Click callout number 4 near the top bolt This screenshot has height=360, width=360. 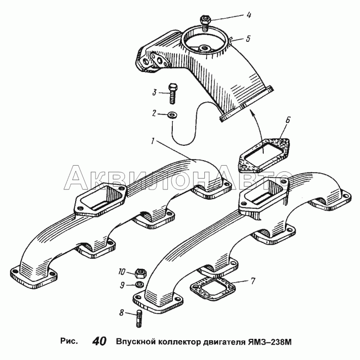click(249, 15)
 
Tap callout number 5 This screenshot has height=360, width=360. click(248, 38)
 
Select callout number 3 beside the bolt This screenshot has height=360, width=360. click(154, 93)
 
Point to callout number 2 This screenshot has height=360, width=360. click(154, 113)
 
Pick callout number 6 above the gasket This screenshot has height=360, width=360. click(288, 120)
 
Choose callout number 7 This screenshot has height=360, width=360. click(252, 281)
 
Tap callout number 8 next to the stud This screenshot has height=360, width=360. click(121, 312)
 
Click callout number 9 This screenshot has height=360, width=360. click(122, 285)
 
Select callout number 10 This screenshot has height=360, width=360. click(121, 272)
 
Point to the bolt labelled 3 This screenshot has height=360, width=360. click(172, 94)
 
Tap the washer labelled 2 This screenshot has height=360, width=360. click(172, 115)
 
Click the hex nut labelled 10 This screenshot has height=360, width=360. click(139, 273)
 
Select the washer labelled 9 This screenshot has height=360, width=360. click(139, 284)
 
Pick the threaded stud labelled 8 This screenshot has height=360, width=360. click(139, 318)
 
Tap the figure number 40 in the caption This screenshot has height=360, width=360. click(99, 342)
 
